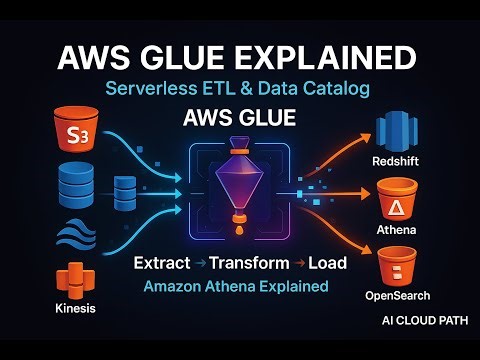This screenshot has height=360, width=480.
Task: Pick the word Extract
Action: (x=164, y=266)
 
